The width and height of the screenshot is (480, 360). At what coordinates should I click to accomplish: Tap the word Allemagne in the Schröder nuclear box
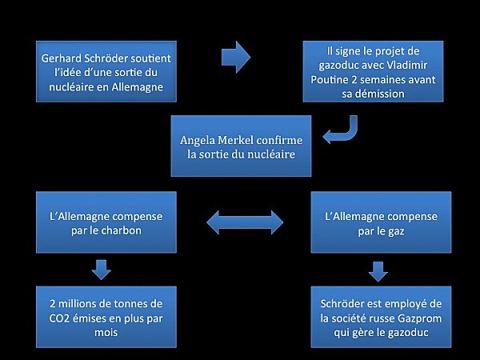(137, 87)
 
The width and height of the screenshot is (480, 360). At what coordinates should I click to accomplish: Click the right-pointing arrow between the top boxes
(236, 58)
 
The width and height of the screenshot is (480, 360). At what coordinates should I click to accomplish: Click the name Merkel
(235, 140)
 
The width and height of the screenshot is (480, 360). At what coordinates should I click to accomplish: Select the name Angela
(198, 141)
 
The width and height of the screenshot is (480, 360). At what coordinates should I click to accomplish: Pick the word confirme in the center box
(279, 140)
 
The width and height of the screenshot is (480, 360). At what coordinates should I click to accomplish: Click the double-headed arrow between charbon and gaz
(245, 222)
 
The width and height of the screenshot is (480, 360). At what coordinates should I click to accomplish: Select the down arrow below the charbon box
(102, 270)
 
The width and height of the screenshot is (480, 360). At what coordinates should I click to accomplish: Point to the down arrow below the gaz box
(378, 271)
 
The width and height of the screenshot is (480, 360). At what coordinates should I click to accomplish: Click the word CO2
(59, 318)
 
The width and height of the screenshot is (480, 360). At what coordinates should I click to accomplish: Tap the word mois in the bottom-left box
(106, 333)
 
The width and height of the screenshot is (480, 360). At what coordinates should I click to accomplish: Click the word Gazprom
(420, 318)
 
